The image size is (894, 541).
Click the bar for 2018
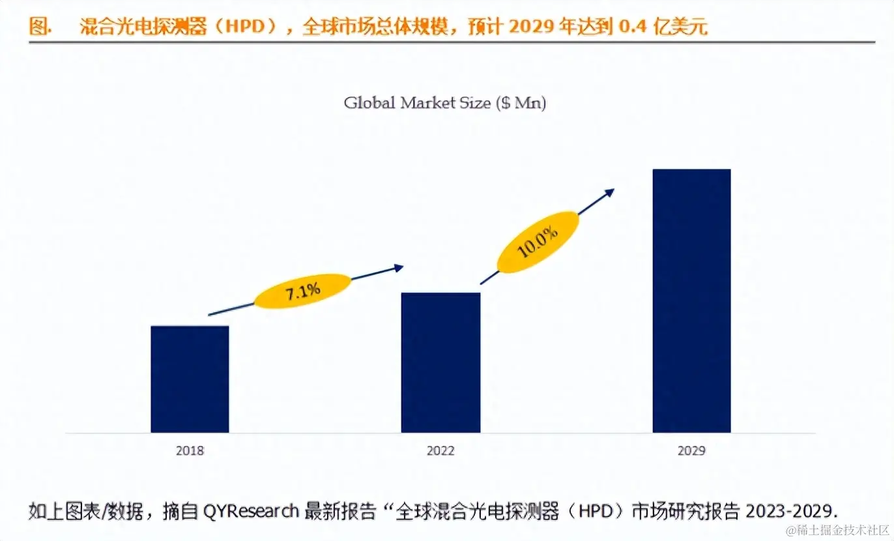click(x=190, y=379)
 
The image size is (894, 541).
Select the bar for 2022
click(x=440, y=362)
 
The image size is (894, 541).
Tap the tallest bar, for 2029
click(x=691, y=300)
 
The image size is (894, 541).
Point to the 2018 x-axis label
click(x=190, y=450)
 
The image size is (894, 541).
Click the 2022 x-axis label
click(x=440, y=450)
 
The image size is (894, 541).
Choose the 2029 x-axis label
click(x=691, y=450)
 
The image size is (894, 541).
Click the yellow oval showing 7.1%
click(x=302, y=291)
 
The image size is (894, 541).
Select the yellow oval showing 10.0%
click(x=537, y=241)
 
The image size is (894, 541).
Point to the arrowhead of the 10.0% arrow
click(x=610, y=192)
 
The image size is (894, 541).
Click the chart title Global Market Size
click(x=417, y=103)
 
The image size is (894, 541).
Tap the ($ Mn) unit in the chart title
click(x=521, y=103)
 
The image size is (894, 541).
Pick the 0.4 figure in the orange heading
click(x=630, y=27)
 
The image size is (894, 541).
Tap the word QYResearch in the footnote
click(x=251, y=510)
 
